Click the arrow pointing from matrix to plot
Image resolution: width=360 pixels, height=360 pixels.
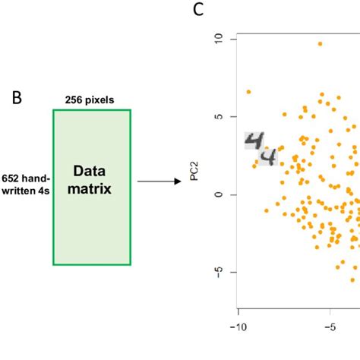click(x=160, y=182)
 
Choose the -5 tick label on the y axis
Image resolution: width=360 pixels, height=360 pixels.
click(x=217, y=272)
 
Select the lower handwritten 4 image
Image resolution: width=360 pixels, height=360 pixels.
click(x=267, y=157)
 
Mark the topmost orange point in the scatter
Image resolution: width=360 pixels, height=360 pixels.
click(x=321, y=44)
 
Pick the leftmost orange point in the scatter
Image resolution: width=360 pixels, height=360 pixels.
click(x=248, y=92)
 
